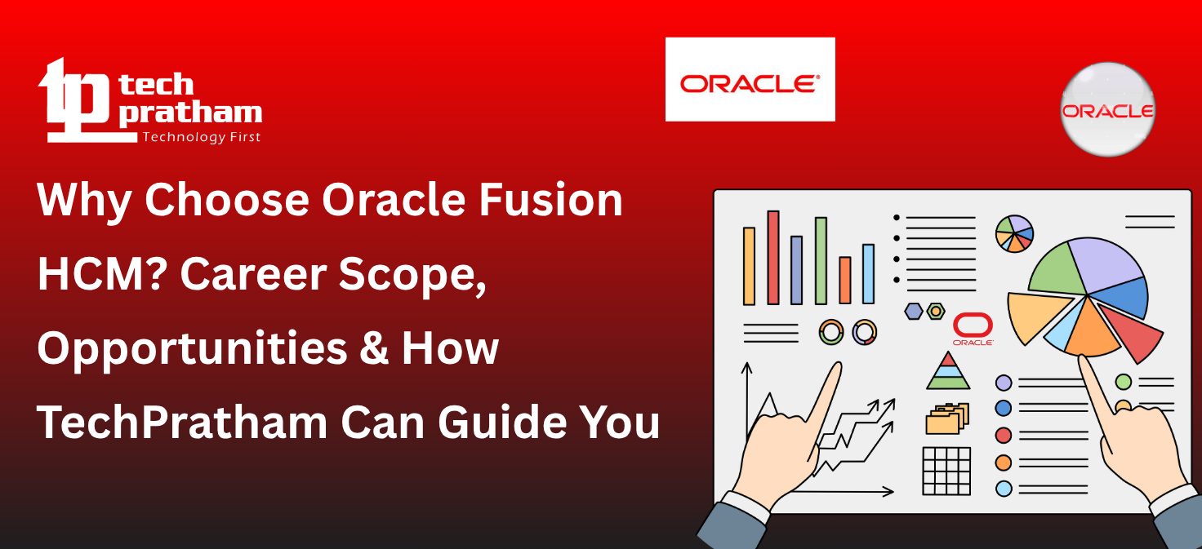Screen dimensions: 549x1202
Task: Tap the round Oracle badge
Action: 1107,109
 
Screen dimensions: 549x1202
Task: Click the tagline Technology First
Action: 202,137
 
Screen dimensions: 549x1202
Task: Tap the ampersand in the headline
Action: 376,348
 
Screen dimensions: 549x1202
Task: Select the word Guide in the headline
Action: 497,423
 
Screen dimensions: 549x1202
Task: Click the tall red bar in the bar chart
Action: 772,257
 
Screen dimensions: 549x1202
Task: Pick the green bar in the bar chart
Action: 821,260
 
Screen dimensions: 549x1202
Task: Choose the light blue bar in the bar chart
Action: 868,273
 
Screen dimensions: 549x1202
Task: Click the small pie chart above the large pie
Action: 1014,233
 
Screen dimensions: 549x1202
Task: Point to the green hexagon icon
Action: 936,311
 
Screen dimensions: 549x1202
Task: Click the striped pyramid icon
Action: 947,372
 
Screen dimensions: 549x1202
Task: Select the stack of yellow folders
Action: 946,418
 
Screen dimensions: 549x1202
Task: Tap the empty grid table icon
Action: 946,471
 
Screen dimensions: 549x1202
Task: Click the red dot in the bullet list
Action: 1004,435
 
